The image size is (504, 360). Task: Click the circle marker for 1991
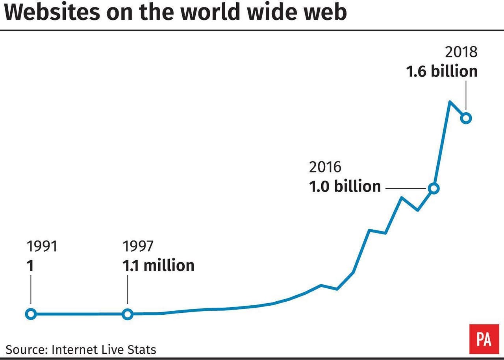coord(31,314)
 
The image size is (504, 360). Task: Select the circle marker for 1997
coord(127,314)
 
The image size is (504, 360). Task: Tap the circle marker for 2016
coord(434,189)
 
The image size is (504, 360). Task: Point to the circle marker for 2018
coord(466,118)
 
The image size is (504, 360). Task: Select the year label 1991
coord(42,247)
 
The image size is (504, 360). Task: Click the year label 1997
coord(138,247)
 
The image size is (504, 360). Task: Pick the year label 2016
coord(325,167)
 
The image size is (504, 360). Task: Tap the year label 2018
coord(461,52)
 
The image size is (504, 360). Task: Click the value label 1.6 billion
coord(442,71)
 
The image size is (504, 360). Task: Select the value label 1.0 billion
coord(345,186)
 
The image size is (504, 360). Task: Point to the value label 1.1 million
coord(158,265)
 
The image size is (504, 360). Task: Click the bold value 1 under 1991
coord(30,265)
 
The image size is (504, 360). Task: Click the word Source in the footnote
coord(26,349)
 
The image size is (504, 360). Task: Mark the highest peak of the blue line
coord(450,102)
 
